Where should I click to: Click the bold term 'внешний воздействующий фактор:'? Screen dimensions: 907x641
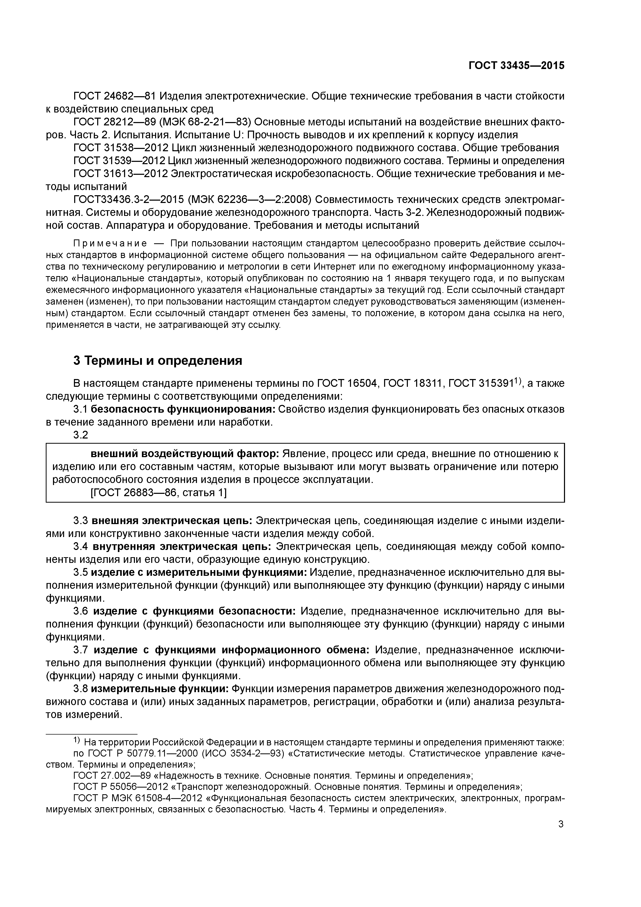(185, 454)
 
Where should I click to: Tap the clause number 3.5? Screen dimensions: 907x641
(81, 572)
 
